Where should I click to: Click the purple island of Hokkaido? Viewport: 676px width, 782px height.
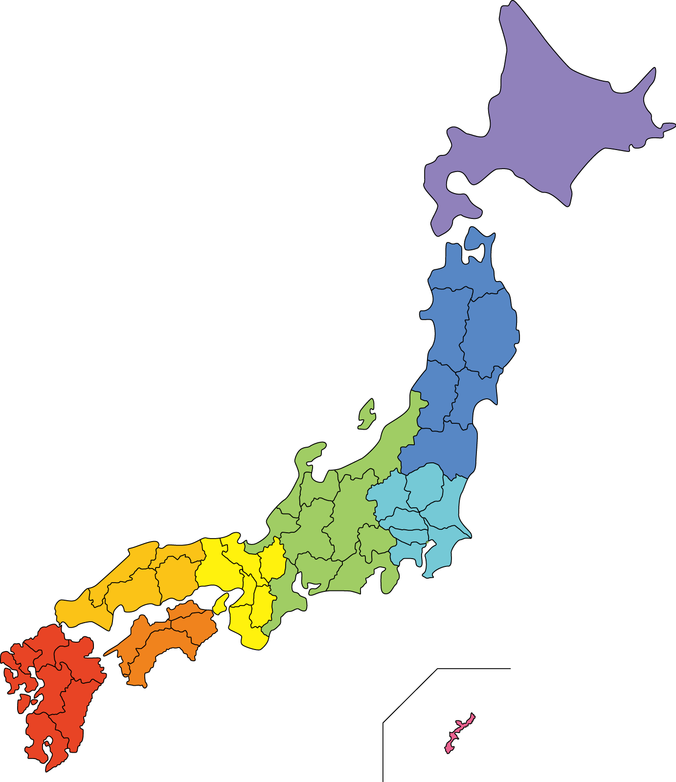[x=553, y=127]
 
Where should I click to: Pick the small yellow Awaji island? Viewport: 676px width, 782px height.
[x=221, y=604]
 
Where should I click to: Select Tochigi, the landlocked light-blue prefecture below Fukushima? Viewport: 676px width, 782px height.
[x=425, y=486]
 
